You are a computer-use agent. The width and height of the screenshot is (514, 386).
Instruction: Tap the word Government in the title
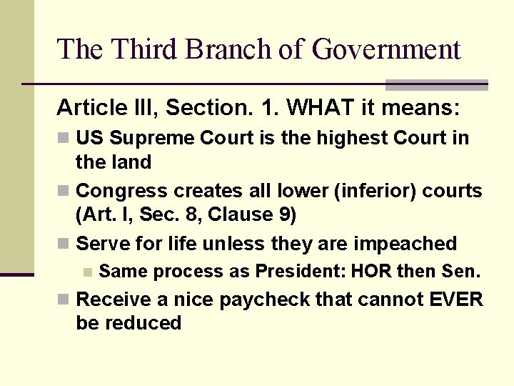pos(386,49)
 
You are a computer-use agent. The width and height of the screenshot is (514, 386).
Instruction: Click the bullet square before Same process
pos(86,272)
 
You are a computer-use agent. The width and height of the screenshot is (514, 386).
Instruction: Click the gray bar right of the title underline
pos(436,85)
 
